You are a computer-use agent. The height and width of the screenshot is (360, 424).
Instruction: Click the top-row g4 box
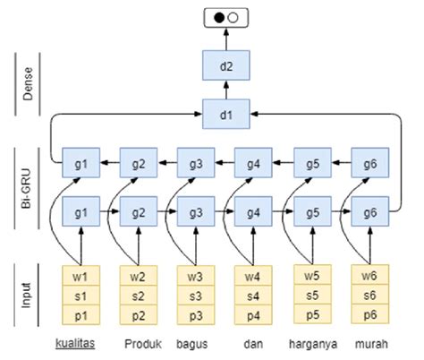point(252,164)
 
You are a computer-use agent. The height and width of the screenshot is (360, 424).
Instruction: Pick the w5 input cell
point(310,274)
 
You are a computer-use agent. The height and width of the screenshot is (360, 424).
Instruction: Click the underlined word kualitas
point(75,342)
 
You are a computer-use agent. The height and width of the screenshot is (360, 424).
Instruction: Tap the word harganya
point(312,343)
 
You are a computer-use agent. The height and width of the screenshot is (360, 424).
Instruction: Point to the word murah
point(370,343)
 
